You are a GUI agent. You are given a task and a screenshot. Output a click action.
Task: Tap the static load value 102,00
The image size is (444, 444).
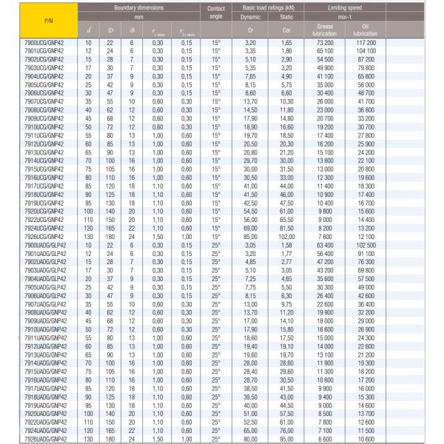(x=287, y=236)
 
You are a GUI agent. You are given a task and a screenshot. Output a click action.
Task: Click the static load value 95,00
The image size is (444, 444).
(x=287, y=439)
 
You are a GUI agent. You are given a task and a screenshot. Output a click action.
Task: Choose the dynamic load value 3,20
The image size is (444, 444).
(x=249, y=44)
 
